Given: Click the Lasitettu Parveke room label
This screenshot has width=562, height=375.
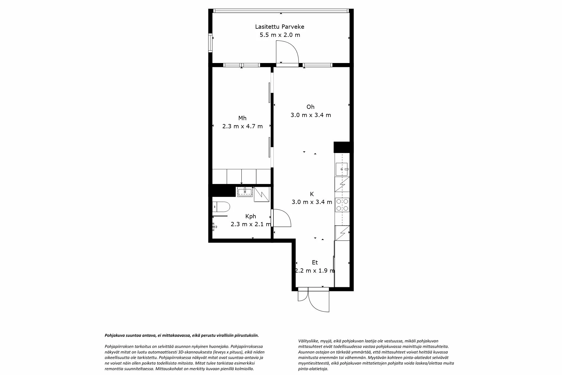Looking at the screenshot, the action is coord(280,27).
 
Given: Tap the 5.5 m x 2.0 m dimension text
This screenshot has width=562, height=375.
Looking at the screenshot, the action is coord(280,35).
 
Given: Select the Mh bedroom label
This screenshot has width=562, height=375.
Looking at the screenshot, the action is coord(242,118).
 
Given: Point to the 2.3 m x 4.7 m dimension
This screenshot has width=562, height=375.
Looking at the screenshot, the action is coord(243,126).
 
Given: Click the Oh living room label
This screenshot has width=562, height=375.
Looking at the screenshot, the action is coord(311,107).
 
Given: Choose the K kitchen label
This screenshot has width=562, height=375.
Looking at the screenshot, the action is coord(312,194).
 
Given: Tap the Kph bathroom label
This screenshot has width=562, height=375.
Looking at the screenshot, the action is coord(251,216).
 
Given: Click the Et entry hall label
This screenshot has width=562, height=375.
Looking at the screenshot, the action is coord(315,262).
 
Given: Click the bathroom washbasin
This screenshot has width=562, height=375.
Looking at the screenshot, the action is coord(245,192).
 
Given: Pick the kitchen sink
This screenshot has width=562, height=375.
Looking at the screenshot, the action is coord(342,169).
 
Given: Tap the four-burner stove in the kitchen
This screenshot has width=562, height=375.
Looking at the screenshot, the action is coord(342,205).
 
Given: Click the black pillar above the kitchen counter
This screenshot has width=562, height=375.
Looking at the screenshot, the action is coord(342,147).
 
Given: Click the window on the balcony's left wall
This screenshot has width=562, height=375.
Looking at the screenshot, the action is coord(210,43).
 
